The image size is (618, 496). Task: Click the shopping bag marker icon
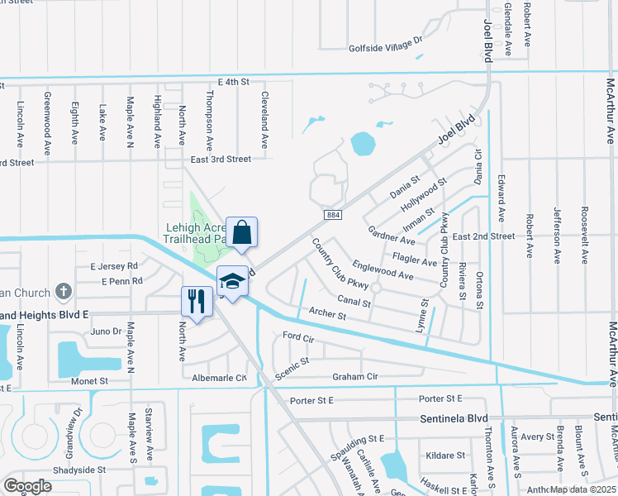(242, 232)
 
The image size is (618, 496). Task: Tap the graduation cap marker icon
(231, 281)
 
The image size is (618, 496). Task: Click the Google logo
(27, 485)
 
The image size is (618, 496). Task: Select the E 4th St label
(232, 82)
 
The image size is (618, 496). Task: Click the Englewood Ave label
(383, 269)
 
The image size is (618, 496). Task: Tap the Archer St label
(327, 314)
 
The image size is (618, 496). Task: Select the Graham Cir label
(354, 377)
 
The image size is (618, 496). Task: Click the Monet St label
(92, 381)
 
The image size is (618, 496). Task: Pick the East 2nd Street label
(484, 236)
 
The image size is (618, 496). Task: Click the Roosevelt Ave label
(585, 234)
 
